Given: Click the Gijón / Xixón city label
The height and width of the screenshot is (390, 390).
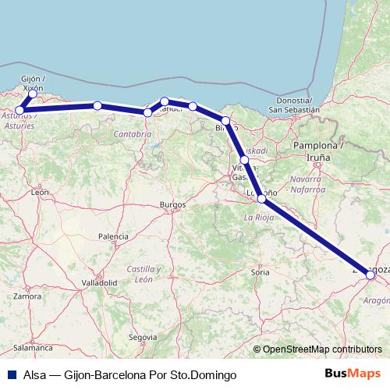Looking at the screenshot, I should pos(33,83).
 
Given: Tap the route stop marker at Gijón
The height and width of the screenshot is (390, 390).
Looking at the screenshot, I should pos(33,94).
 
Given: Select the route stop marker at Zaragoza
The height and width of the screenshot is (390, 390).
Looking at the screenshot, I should pos(370,275).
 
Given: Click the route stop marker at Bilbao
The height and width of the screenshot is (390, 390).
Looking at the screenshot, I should pos(225,121).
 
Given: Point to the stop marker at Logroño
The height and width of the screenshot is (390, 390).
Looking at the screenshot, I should pos(261,198).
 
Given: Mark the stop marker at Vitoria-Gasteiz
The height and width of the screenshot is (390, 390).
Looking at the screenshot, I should pos(245,160).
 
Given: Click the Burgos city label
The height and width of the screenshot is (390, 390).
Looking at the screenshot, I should pos(172,204).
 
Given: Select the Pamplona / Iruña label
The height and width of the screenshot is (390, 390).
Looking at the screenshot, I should pos(317,151).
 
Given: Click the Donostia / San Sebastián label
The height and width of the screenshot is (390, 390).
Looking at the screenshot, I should pos(294,105).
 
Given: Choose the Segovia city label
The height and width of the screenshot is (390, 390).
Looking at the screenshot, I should pos(138,337).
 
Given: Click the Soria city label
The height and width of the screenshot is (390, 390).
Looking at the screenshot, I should pos(260,272).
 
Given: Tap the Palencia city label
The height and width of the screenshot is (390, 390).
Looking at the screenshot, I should pos(113,236).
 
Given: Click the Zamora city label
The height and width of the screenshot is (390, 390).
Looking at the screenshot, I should pos(27,296).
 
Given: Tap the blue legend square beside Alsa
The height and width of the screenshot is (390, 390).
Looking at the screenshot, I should pos(9,374).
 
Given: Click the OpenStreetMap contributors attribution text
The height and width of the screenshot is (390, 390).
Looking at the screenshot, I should pos(323,349).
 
